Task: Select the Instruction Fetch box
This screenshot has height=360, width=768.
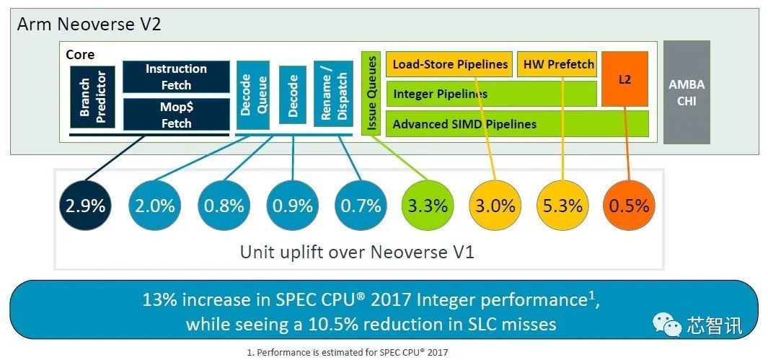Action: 176,77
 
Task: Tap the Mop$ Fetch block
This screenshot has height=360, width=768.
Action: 176,115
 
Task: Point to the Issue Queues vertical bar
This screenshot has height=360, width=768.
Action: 371,93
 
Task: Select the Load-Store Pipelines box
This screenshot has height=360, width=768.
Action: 450,64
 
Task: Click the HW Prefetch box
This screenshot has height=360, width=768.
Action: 558,64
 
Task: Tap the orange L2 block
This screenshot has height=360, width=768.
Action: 624,79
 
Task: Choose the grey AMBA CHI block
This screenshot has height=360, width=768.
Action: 686,92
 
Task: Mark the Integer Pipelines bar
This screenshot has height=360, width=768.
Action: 491,94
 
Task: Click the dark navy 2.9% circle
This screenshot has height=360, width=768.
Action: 85,205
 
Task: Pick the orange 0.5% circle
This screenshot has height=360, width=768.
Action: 629,205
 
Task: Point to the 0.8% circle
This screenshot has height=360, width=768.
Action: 224,205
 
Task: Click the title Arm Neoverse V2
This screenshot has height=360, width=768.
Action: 89,24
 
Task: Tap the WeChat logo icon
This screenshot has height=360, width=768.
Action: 668,326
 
